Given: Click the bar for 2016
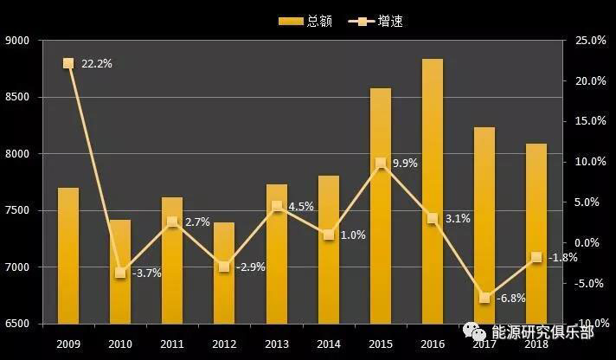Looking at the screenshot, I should point(432,191).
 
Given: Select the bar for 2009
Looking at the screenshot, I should point(68,255).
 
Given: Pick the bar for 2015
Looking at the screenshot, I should point(380,206).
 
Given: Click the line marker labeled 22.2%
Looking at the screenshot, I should point(68,63).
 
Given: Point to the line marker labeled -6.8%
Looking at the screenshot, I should point(484,298).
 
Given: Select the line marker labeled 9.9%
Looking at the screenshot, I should point(380,163).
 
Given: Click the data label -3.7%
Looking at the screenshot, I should point(145,273).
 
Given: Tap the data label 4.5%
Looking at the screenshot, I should point(301,206).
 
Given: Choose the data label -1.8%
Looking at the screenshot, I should point(563,257).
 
